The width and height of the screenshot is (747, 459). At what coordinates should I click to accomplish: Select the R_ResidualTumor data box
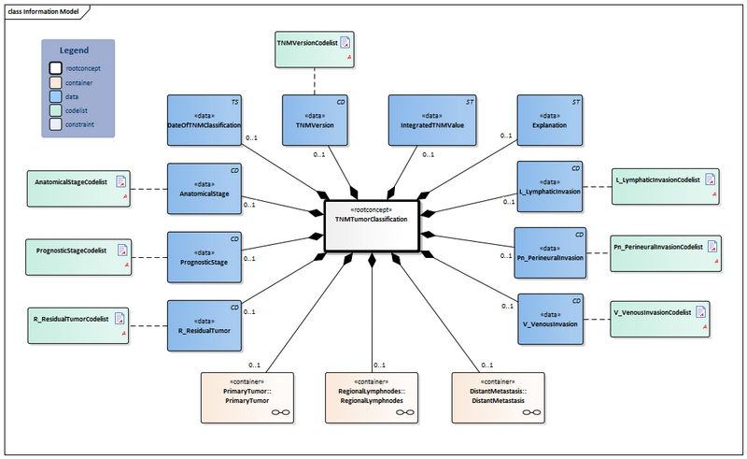click(204, 323)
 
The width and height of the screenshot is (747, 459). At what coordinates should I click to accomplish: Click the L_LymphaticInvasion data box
click(551, 186)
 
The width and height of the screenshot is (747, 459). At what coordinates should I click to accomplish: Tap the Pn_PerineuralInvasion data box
click(551, 252)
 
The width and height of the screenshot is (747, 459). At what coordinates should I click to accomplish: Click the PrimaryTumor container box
click(247, 395)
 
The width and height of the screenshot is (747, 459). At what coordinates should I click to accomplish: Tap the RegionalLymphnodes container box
click(372, 395)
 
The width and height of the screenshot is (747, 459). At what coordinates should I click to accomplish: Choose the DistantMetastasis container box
click(498, 395)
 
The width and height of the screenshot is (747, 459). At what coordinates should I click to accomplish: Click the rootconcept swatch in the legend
click(56, 67)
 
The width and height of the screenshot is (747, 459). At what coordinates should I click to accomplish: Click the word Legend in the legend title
click(77, 50)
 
